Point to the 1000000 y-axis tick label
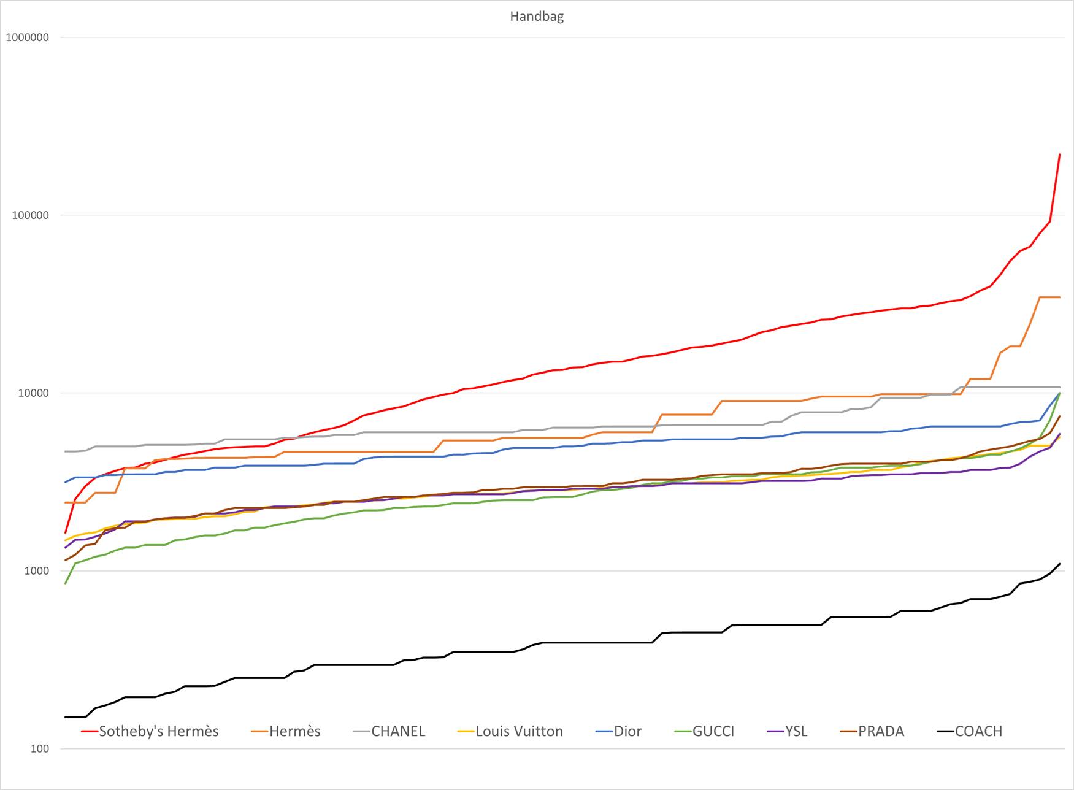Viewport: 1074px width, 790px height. [x=27, y=37]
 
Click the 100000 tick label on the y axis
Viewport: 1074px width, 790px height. [x=30, y=215]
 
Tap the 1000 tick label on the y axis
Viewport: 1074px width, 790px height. [x=36, y=571]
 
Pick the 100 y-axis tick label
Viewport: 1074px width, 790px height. [x=39, y=749]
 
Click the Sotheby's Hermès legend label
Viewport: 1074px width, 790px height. [x=159, y=731]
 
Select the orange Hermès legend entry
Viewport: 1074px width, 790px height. [x=294, y=731]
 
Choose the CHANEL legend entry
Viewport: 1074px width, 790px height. [x=398, y=731]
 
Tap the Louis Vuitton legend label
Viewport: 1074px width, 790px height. [x=519, y=731]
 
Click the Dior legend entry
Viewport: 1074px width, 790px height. [x=627, y=731]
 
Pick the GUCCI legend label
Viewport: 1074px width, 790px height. [x=713, y=731]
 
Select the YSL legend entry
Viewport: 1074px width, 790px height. [x=796, y=731]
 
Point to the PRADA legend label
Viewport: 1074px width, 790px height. [x=881, y=731]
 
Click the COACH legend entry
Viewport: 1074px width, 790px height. [x=978, y=731]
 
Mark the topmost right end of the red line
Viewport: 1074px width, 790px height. [x=1060, y=155]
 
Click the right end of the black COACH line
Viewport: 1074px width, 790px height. [x=1060, y=564]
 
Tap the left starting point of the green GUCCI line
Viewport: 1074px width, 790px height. [x=66, y=583]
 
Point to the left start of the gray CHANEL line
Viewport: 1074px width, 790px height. [x=66, y=451]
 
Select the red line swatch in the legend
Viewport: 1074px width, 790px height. [x=90, y=732]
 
